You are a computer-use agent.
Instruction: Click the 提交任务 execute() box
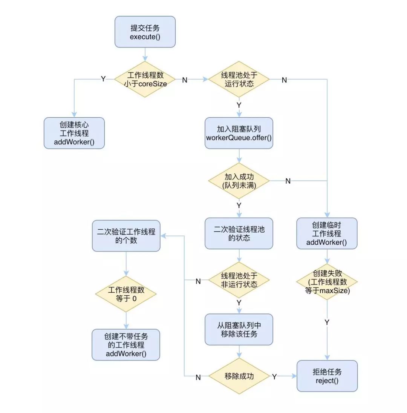145,32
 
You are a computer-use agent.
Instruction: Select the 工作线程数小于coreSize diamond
145,79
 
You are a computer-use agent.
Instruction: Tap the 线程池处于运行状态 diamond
239,79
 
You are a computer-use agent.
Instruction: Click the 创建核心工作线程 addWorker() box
74,133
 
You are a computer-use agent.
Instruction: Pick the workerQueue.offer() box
239,133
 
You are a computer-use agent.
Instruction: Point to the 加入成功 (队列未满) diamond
239,181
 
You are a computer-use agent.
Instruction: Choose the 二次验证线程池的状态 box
239,233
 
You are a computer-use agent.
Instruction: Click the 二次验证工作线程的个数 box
126,236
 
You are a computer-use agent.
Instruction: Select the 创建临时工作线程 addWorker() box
327,233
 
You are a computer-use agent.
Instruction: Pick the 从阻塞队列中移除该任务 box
239,329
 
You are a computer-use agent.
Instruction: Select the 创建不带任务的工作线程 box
126,344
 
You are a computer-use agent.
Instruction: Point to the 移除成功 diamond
239,376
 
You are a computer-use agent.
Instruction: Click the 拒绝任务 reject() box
327,376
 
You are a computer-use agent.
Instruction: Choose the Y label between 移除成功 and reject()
274,376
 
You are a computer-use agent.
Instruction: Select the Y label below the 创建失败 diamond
327,322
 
